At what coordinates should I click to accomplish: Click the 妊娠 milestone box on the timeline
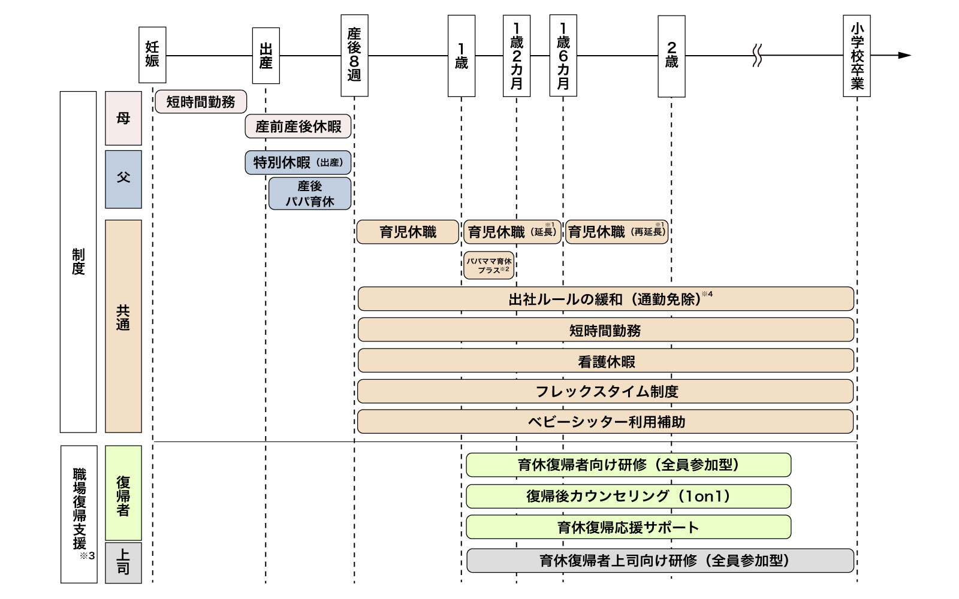[x=152, y=55]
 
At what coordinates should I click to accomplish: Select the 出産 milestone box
[x=266, y=56]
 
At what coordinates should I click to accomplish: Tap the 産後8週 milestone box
[x=354, y=55]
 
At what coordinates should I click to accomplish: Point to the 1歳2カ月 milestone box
[x=517, y=55]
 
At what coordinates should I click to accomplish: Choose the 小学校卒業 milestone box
[x=857, y=56]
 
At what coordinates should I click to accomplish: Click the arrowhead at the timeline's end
[x=904, y=56]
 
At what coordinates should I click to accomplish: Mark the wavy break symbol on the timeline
[x=757, y=56]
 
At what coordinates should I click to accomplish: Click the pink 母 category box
[x=123, y=118]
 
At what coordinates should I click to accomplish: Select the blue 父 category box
[x=123, y=179]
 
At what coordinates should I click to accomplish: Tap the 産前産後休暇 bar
[x=298, y=126]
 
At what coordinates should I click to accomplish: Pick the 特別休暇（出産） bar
[x=298, y=162]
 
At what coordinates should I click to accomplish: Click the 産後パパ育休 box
[x=310, y=193]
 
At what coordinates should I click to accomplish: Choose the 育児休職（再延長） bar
[x=617, y=232]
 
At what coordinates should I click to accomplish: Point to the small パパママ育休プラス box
[x=488, y=265]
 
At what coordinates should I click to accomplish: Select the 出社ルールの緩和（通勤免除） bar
[x=605, y=299]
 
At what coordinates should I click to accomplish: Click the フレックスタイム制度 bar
[x=605, y=392]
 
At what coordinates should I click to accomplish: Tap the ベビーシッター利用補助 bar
[x=605, y=422]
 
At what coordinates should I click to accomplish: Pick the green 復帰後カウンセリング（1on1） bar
[x=628, y=496]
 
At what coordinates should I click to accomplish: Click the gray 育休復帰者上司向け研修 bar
[x=660, y=561]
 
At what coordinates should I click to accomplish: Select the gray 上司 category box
[x=123, y=562]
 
